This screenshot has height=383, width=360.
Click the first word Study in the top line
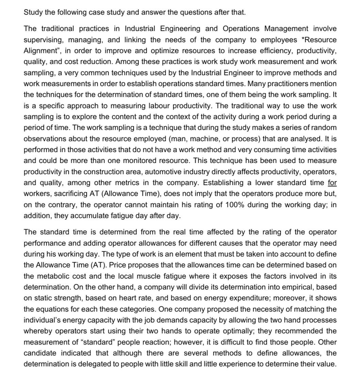33,13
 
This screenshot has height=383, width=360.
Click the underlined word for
332,183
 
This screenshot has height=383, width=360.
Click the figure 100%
234,205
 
